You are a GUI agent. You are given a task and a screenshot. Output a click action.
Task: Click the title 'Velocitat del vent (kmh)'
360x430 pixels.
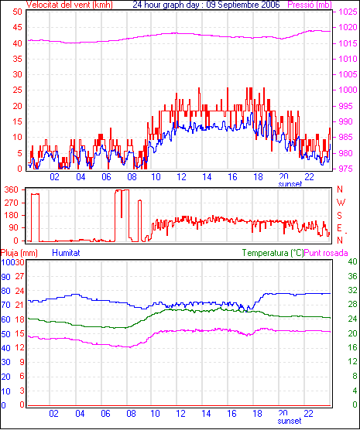coord(70,5)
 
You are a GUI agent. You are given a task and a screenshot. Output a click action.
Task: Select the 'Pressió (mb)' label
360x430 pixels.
coord(310,5)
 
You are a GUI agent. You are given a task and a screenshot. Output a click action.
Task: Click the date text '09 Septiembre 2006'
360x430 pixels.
coord(243,5)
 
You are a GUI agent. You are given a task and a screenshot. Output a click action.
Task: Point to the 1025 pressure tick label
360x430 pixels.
coord(348,12)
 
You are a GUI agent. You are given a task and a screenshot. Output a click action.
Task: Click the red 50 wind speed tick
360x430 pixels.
coord(17,12)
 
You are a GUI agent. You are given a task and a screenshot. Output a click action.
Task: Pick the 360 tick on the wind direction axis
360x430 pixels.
coord(12,189)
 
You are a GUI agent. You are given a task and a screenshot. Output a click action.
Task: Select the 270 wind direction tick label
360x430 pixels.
coord(12,203)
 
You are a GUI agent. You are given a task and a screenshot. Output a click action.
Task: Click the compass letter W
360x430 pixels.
coord(341,203)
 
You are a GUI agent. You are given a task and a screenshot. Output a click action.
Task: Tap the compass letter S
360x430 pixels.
coord(340,216)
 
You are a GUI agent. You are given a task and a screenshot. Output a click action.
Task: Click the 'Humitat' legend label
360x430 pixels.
coord(66,253)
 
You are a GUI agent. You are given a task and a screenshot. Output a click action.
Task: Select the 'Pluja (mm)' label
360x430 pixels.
coord(19,253)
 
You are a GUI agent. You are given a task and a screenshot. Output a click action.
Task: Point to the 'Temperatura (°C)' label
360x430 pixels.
coord(273,253)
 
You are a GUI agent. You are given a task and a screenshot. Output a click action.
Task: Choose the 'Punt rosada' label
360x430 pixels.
coord(326,253)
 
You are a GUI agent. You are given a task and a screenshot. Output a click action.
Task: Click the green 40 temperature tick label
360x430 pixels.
coord(352,261)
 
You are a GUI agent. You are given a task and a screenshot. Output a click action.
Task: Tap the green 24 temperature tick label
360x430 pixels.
coord(352,319)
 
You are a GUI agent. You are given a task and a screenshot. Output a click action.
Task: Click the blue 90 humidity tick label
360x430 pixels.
coord(5,277)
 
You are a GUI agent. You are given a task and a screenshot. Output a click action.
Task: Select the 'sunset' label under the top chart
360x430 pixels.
coord(290,184)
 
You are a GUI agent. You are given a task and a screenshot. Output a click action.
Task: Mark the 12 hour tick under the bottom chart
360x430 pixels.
coord(180,413)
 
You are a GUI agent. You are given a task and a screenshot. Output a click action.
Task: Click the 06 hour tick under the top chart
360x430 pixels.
coord(106,177)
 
